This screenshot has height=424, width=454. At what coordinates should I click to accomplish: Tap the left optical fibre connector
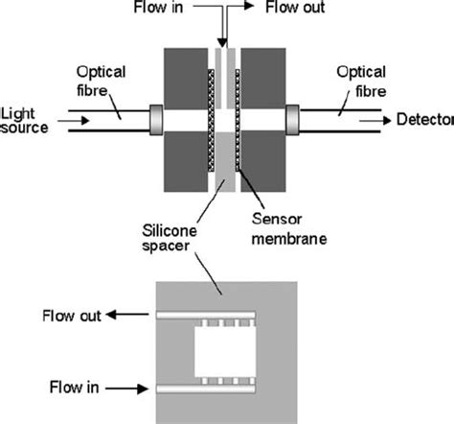point(157,120)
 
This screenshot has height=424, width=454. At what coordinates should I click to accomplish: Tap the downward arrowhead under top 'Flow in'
point(223,42)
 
